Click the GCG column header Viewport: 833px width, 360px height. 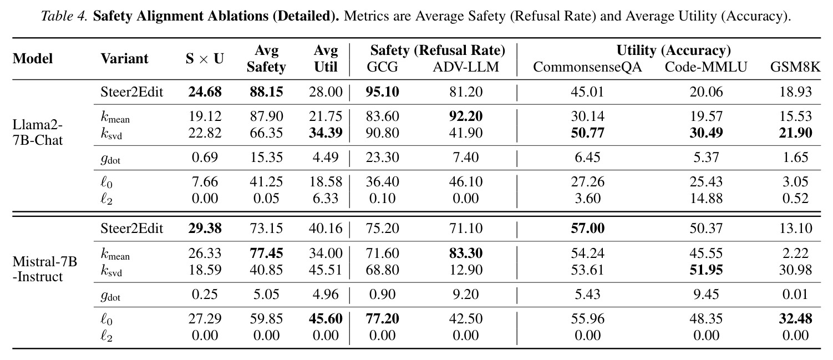(x=382, y=67)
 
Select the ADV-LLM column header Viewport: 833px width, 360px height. (x=466, y=67)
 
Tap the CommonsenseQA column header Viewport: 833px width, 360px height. (x=587, y=67)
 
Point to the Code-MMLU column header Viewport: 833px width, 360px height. (x=706, y=67)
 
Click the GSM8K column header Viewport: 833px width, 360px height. (x=795, y=67)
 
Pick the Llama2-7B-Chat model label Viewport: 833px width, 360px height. (x=38, y=133)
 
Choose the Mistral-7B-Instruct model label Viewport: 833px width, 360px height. (x=44, y=269)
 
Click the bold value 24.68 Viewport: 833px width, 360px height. (x=205, y=92)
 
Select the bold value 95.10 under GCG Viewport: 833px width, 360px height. (x=382, y=92)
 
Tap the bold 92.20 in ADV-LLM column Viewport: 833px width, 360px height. (x=466, y=116)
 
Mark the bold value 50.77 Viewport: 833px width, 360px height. (x=587, y=133)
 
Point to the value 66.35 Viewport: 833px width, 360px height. (x=266, y=133)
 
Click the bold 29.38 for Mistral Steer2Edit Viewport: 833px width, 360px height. (x=205, y=229)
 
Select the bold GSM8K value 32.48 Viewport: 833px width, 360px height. (x=795, y=319)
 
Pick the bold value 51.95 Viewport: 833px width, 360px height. (x=706, y=270)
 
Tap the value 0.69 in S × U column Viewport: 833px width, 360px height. (x=205, y=158)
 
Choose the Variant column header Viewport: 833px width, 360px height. (x=124, y=58)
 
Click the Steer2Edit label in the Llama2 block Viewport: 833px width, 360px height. (x=131, y=92)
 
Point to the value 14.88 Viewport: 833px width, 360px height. (x=706, y=198)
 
